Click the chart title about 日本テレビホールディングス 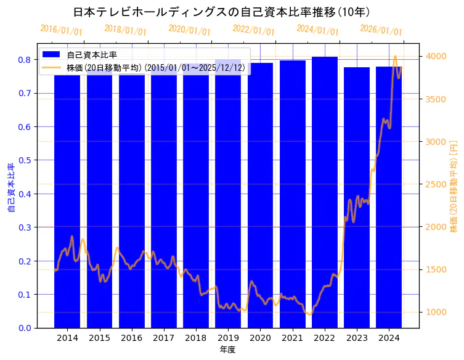click(221, 12)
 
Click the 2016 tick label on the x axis click(131, 338)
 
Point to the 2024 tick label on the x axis click(388, 338)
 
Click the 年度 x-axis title click(227, 350)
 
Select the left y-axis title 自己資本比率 click(10, 187)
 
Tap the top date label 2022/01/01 click(253, 30)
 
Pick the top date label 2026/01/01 click(381, 30)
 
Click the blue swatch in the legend click(52, 55)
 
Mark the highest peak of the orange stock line click(395, 56)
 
